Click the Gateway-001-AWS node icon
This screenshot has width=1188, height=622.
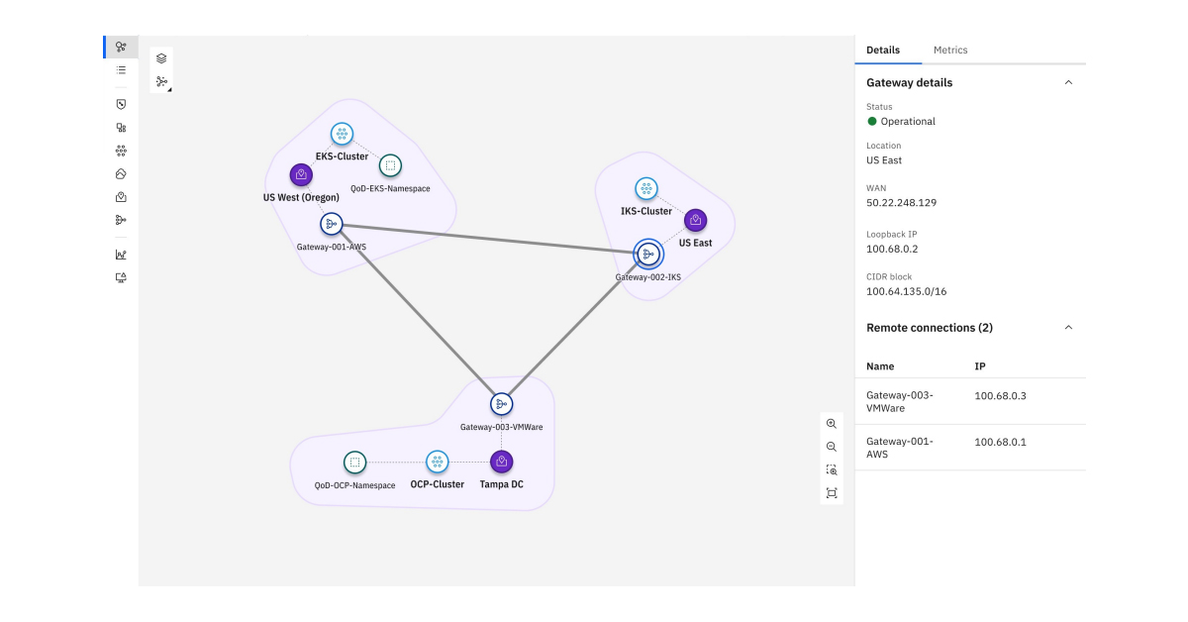[x=331, y=224]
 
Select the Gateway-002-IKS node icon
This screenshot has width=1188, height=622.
[x=648, y=255]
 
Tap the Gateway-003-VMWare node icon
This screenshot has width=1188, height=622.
[x=501, y=404]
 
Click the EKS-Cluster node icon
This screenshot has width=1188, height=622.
[x=342, y=134]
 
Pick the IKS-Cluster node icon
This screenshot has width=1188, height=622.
[x=646, y=188]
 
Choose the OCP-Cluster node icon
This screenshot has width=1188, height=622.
[x=437, y=462]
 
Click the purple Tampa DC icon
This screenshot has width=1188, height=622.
[x=502, y=462]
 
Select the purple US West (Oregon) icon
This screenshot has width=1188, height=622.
[x=301, y=175]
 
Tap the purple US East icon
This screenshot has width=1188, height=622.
[x=695, y=220]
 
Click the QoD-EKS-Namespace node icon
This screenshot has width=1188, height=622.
[x=390, y=165]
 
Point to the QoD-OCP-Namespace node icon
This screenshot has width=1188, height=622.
[x=354, y=462]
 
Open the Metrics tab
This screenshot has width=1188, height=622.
[x=950, y=51]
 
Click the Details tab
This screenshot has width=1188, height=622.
[x=883, y=51]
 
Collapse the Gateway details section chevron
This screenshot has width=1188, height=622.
[x=1068, y=83]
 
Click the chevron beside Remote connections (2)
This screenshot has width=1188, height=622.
[x=1068, y=328]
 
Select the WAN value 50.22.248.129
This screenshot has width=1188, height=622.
[x=901, y=203]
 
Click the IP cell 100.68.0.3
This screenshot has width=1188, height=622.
[x=1000, y=396]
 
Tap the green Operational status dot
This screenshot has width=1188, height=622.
[x=872, y=122]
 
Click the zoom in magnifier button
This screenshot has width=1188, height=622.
[x=832, y=424]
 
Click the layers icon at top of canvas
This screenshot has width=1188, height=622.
[x=161, y=58]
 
